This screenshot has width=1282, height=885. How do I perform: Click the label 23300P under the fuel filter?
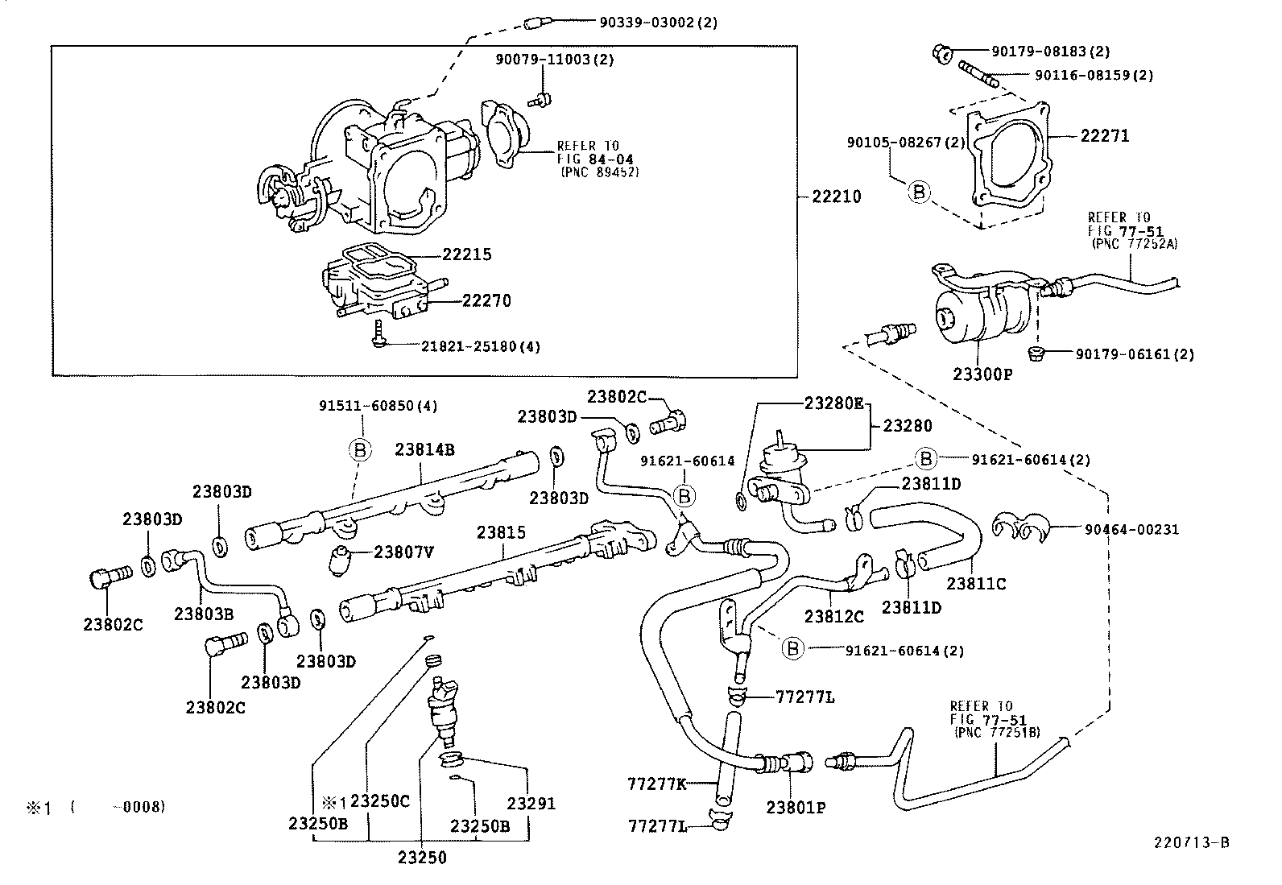982,374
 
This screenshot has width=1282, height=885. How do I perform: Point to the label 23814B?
424,449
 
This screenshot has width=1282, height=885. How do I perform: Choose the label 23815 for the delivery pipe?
500,532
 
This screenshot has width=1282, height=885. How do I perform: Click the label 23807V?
404,552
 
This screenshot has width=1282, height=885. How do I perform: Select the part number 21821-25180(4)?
481,347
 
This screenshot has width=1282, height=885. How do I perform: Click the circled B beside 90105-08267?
919,192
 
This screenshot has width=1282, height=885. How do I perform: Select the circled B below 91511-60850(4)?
360,449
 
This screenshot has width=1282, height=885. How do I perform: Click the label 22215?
466,254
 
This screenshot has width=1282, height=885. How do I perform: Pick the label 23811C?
976,584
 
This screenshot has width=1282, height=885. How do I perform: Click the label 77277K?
656,784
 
